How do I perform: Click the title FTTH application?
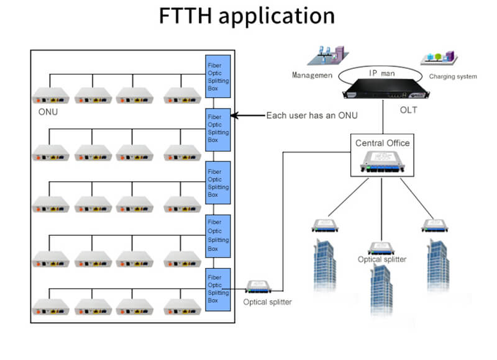click(247, 17)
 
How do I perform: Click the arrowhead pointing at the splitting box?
click(235, 115)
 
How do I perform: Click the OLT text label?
click(409, 110)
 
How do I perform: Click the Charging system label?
click(453, 77)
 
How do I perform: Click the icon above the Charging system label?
click(439, 59)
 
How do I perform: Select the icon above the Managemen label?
click(327, 55)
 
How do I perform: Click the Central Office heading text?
click(382, 143)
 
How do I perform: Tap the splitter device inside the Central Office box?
click(382, 163)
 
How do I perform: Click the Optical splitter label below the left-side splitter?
click(267, 302)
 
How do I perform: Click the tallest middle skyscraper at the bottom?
click(380, 292)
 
